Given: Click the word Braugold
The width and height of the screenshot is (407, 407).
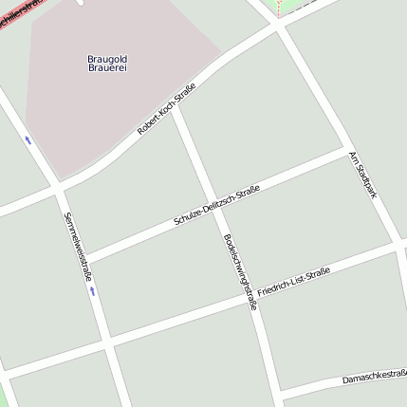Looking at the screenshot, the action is (x=107, y=59).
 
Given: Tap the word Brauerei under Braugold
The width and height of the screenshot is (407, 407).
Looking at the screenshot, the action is (x=107, y=68).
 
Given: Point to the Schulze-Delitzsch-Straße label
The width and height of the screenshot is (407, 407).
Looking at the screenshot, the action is (x=217, y=207).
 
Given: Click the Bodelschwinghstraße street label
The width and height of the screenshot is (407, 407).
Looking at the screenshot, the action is (x=239, y=272).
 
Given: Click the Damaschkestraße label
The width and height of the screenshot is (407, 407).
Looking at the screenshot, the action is (x=374, y=378).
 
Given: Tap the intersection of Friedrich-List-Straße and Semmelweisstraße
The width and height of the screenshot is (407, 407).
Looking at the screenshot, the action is (x=107, y=341).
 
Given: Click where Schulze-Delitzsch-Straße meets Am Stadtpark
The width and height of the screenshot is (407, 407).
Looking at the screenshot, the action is (x=343, y=149).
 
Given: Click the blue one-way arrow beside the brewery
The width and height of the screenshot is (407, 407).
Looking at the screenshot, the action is (x=28, y=139).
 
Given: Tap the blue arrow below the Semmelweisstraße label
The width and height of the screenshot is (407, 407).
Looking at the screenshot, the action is (x=92, y=290).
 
